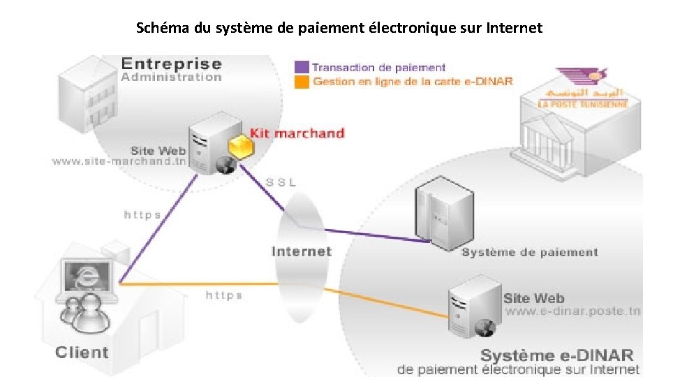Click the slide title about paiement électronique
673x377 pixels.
[x=339, y=29]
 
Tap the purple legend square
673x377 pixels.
[x=302, y=68]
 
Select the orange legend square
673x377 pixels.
[x=302, y=82]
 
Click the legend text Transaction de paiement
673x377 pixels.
[x=378, y=68]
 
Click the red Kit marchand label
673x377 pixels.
[x=297, y=133]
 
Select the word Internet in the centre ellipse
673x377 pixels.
[x=301, y=251]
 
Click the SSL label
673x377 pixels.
[x=281, y=182]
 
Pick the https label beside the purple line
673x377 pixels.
[x=142, y=215]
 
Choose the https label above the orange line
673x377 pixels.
[x=224, y=295]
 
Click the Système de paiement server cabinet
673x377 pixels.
[x=438, y=212]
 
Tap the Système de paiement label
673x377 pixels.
[x=529, y=252]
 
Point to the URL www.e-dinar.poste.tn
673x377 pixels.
[x=572, y=311]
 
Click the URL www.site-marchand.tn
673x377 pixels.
[x=119, y=162]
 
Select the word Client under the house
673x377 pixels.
[x=82, y=353]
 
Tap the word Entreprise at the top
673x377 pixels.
[x=171, y=64]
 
